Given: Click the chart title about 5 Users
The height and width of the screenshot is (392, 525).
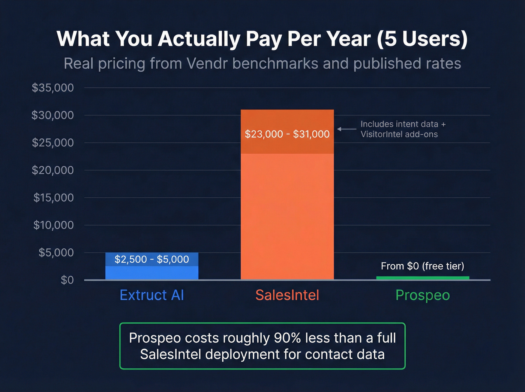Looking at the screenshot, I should (x=262, y=39).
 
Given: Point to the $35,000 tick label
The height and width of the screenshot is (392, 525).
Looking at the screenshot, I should (x=53, y=88).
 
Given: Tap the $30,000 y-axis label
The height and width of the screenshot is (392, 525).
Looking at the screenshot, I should (x=53, y=115).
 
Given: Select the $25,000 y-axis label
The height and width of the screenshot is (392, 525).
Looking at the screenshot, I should (x=53, y=143).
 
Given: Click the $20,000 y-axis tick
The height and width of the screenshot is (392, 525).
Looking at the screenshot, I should (x=53, y=170).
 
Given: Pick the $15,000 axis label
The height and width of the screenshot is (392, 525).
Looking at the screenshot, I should (x=54, y=198).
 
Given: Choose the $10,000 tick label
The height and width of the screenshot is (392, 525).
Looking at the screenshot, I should (x=54, y=225).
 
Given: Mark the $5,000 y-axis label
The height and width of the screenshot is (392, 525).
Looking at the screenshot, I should (x=56, y=252).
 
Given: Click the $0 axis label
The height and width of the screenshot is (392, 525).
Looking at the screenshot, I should (x=67, y=280).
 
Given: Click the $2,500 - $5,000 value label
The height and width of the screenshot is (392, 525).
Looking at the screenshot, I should (x=152, y=259).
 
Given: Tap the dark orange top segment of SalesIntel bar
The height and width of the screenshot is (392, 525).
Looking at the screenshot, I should (x=287, y=120).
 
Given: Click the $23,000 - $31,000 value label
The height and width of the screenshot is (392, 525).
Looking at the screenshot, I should (x=287, y=134).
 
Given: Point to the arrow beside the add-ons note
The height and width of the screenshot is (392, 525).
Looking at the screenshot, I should (x=346, y=129).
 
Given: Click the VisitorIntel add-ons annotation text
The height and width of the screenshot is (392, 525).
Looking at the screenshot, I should (x=399, y=129).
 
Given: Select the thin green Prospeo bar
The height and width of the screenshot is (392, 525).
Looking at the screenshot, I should (x=423, y=278).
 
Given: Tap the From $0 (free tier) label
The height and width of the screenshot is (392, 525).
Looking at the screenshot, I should (x=423, y=266).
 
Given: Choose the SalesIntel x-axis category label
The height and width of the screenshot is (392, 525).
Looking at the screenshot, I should (x=287, y=295).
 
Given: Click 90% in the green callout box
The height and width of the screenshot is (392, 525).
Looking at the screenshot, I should (x=287, y=338).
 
